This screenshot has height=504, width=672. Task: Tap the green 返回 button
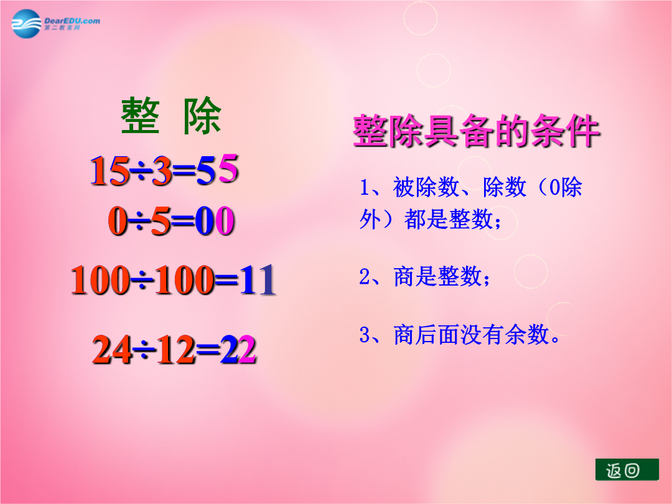(627, 470)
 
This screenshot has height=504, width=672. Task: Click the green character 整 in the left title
(140, 116)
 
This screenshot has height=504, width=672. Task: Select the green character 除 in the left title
(202, 116)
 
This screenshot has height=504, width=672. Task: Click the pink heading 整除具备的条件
(476, 131)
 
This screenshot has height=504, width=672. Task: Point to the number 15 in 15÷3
(110, 170)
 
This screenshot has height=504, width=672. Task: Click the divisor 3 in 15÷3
(162, 170)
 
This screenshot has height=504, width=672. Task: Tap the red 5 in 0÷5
(161, 221)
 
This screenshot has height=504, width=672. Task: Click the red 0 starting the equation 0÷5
(118, 221)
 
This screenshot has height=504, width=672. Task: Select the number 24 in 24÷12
(112, 350)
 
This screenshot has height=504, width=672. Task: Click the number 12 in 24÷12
(175, 350)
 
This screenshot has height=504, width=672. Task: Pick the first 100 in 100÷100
(100, 280)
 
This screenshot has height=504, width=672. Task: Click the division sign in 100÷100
(142, 281)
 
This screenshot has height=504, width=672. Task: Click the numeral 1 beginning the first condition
(365, 187)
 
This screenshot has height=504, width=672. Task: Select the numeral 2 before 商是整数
(365, 276)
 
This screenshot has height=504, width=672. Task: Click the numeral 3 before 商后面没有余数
(365, 335)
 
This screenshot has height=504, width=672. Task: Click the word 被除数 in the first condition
(426, 187)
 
